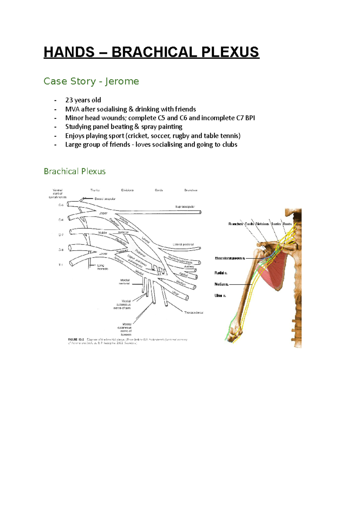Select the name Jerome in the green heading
122,81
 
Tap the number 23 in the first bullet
69,100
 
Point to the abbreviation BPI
250,118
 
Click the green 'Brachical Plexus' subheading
75,171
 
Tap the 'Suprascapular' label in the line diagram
185,207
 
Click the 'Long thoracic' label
102,267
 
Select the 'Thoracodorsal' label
193,312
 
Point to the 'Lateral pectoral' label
183,245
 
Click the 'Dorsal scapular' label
105,199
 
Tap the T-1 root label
61,265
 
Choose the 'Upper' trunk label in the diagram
103,213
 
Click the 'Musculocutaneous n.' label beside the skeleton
230,258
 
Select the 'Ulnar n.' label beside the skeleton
220,296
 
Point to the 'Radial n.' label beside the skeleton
221,273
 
